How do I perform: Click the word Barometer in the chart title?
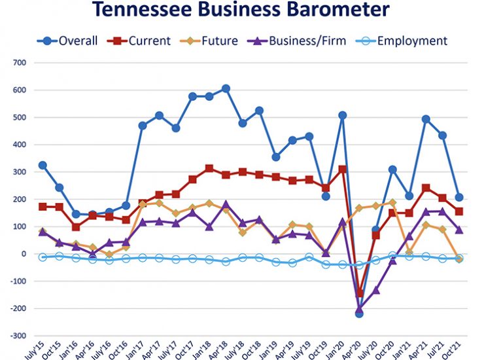tap(328, 10)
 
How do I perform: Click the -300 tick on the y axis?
tap(18, 336)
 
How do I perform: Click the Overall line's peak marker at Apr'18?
tap(226, 88)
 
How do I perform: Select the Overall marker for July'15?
tap(43, 165)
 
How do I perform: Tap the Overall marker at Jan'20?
tap(342, 115)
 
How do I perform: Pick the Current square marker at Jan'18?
tap(209, 168)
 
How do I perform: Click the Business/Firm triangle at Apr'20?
tap(358, 308)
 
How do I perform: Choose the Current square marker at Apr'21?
tap(425, 188)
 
